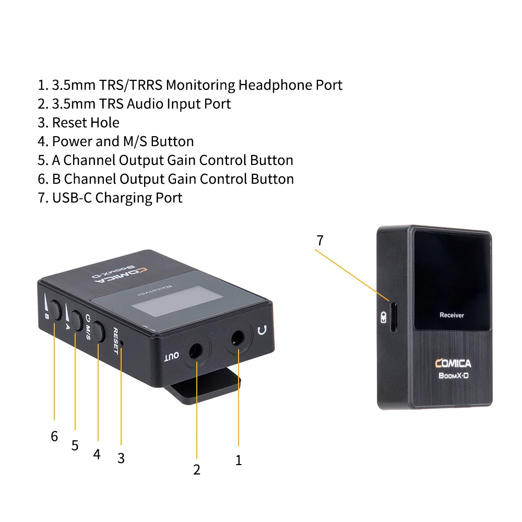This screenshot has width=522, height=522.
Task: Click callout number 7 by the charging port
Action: click(320, 241)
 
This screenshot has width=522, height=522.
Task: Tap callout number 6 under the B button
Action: click(54, 436)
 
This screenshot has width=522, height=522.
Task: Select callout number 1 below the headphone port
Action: click(239, 460)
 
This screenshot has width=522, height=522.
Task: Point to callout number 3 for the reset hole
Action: click(121, 458)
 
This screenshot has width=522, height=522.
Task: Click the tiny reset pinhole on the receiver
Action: click(122, 343)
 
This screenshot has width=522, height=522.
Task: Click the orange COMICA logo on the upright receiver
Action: click(453, 363)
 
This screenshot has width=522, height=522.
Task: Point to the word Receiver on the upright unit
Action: click(452, 315)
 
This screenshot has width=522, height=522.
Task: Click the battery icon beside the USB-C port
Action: click(384, 317)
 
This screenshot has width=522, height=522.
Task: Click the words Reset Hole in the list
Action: click(86, 123)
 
